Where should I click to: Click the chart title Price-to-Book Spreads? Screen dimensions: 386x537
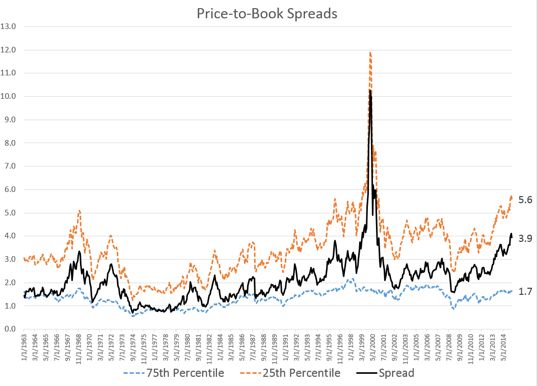(x=267, y=14)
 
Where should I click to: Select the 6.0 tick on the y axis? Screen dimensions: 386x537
(x=11, y=189)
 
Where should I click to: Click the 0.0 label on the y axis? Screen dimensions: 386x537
(x=11, y=329)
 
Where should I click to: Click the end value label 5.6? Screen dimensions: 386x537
(x=525, y=200)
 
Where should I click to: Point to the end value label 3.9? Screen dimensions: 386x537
(x=525, y=238)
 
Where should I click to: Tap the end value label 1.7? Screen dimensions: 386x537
(x=525, y=292)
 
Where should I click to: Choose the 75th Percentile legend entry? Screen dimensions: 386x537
(x=173, y=373)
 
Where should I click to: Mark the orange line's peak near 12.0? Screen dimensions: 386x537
(x=370, y=52)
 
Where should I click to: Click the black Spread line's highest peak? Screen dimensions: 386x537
(x=370, y=91)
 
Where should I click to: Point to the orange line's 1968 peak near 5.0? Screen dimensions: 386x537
(x=79, y=210)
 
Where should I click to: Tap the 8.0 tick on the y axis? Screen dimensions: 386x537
(x=11, y=143)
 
